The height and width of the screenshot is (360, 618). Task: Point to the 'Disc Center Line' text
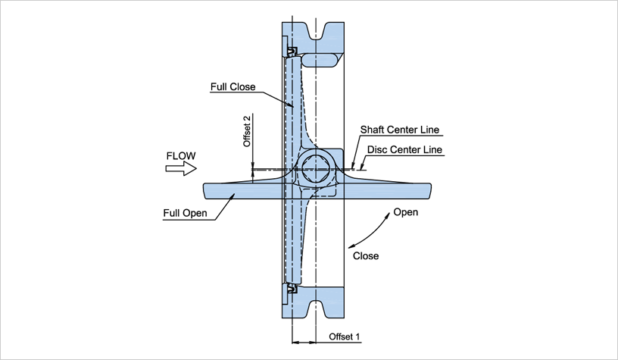click(x=404, y=149)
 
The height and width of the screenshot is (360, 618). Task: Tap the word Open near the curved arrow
click(x=405, y=212)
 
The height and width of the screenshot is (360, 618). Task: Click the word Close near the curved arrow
click(x=366, y=255)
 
